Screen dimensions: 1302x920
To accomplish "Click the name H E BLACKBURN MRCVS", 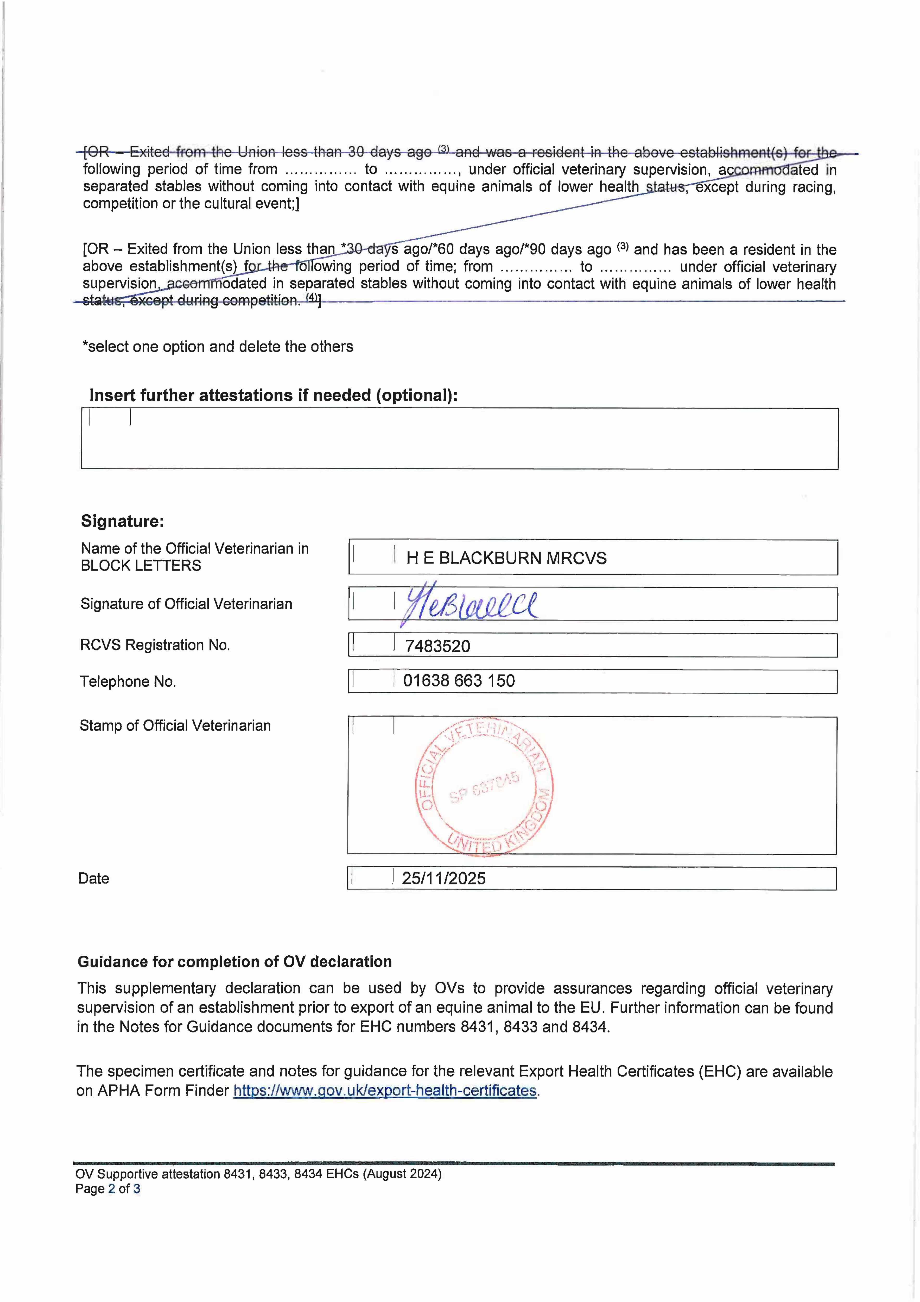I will [506, 558].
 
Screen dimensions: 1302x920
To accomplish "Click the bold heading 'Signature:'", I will [122, 521].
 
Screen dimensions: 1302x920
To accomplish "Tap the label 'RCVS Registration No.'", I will [155, 645].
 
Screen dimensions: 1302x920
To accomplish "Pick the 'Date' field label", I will [93, 878].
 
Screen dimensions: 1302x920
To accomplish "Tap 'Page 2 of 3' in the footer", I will [108, 1188].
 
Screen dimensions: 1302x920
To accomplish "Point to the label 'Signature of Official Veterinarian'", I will [186, 604].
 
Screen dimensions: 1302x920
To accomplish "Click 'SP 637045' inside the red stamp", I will [485, 787].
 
